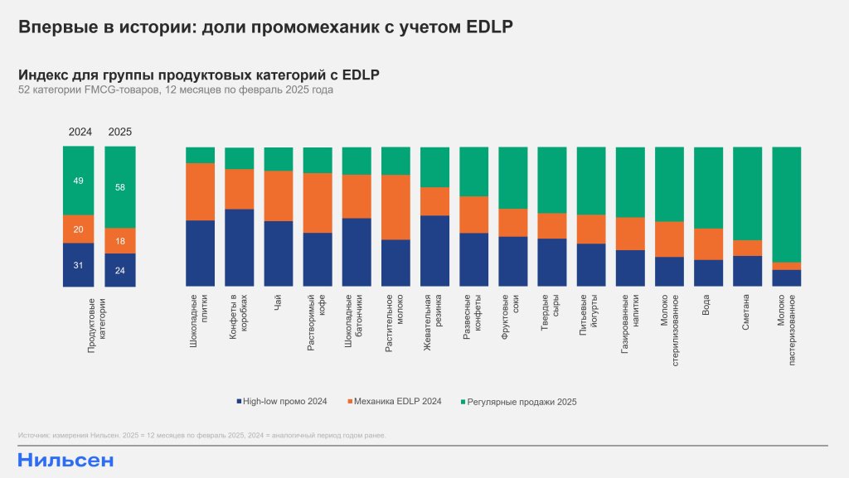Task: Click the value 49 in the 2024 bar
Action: click(78, 181)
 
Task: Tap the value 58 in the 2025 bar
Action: click(119, 188)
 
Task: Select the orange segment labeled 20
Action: click(78, 229)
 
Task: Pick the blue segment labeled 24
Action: click(119, 270)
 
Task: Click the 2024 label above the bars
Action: click(80, 132)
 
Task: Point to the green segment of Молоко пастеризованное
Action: click(786, 204)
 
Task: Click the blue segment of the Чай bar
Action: click(278, 253)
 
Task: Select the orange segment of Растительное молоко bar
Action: click(395, 207)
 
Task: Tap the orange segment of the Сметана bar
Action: click(747, 248)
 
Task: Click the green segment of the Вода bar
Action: click(708, 187)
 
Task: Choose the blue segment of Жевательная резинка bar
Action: click(434, 251)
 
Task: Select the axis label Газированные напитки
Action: click(630, 324)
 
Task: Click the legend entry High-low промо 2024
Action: click(282, 402)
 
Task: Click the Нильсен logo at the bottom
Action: click(65, 461)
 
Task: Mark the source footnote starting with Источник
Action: click(201, 435)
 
